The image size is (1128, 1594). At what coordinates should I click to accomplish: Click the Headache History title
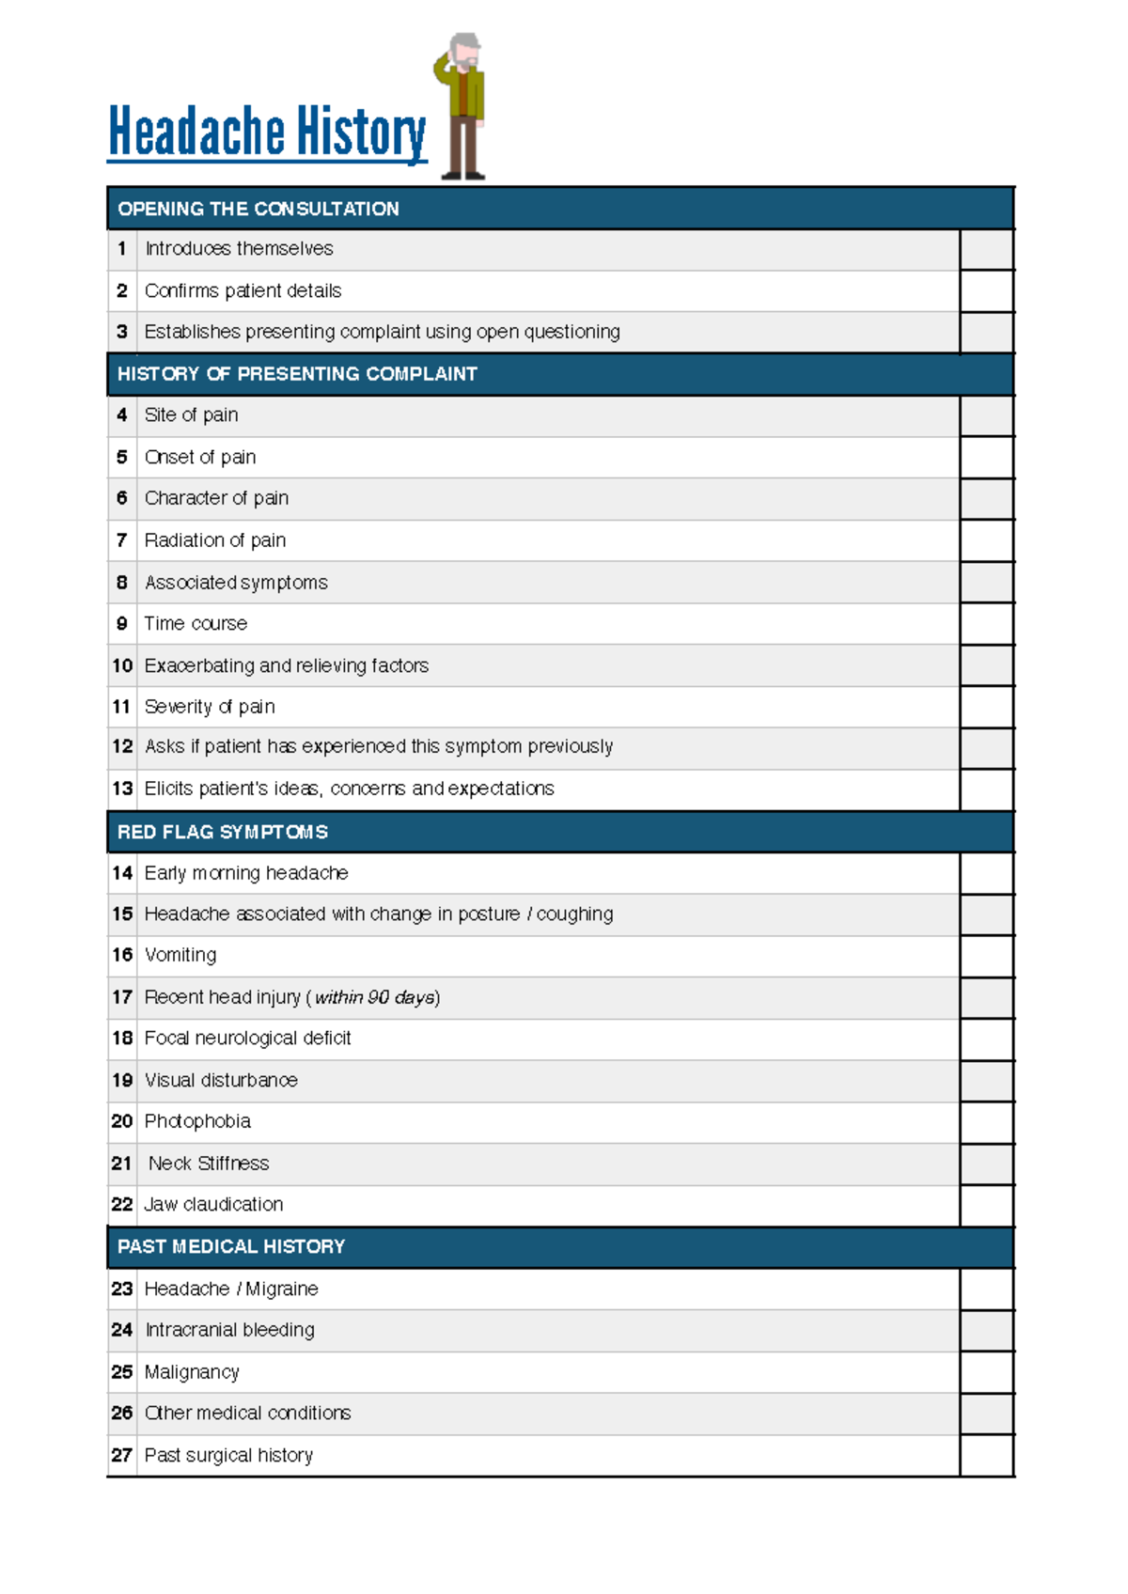[x=267, y=132]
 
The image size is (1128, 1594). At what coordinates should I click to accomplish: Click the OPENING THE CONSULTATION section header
[x=258, y=209]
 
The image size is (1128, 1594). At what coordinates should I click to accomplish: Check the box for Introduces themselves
[x=986, y=250]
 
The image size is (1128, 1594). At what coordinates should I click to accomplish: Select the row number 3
[x=122, y=332]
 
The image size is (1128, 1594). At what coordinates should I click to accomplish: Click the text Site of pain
[x=191, y=415]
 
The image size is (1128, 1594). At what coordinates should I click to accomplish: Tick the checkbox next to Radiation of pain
[x=986, y=541]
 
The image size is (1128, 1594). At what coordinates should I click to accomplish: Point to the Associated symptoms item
[x=236, y=583]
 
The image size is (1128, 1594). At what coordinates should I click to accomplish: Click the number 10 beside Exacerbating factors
[x=122, y=666]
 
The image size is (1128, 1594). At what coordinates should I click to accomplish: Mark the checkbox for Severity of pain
[x=986, y=708]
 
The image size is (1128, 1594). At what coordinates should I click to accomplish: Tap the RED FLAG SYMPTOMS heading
[x=223, y=833]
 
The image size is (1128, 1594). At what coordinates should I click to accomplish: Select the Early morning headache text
[x=246, y=873]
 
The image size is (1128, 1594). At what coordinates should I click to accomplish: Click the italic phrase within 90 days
[x=374, y=997]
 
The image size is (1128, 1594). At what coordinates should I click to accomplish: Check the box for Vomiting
[x=986, y=956]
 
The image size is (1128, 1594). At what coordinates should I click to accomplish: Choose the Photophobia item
[x=197, y=1121]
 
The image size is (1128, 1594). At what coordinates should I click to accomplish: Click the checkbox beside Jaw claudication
[x=986, y=1206]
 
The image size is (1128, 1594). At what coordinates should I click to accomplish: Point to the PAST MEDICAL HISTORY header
[x=231, y=1247]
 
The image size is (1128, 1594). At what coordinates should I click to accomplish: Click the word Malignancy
[x=192, y=1372]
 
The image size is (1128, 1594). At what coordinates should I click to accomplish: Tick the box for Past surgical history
[x=986, y=1456]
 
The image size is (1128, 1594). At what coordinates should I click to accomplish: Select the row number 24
[x=122, y=1330]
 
